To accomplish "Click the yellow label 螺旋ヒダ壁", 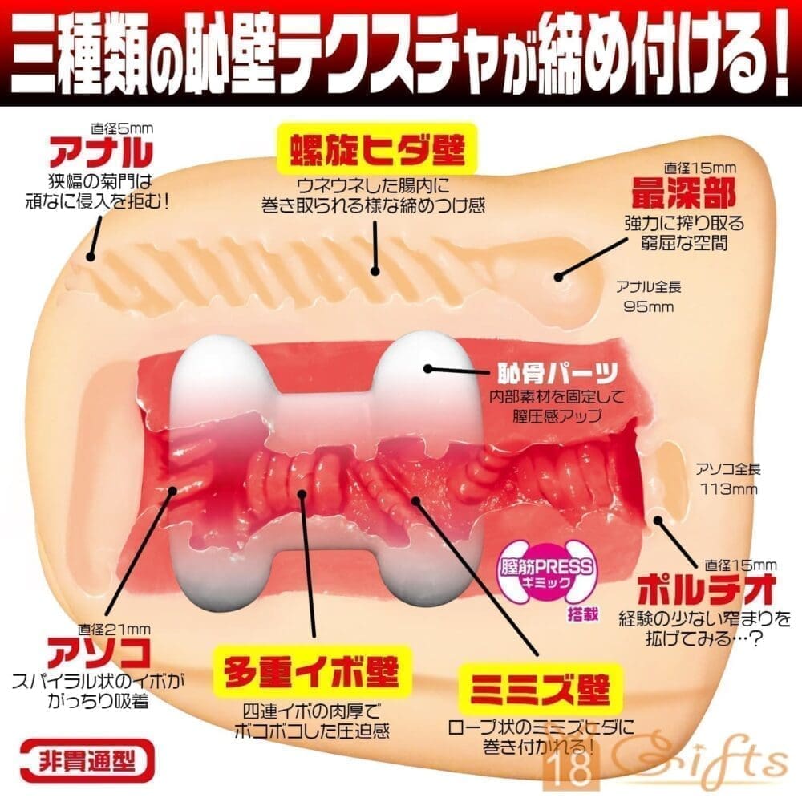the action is pos(378,149).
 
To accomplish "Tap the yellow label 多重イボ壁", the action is pos(312,670).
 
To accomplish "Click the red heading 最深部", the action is pos(683,192).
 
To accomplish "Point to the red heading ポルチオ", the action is pos(707,589).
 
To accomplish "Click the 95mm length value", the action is pos(649,306).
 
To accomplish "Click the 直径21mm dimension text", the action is pos(114,629).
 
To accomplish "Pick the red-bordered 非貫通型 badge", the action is pos(87,762).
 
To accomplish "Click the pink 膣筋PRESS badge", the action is pos(547,573).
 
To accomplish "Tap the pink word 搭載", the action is pos(582,613).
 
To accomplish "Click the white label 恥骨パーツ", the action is pos(558,374).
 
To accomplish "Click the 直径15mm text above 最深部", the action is pos(699,168).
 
